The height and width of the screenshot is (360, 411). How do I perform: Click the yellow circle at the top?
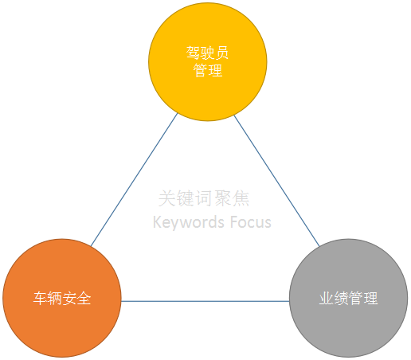(x=208, y=62)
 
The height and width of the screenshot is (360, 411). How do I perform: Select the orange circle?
(x=62, y=298)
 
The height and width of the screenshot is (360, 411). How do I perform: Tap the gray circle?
(x=348, y=298)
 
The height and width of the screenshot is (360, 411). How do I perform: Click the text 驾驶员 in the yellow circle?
(x=207, y=53)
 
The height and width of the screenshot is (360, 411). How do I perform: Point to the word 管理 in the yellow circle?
(x=208, y=70)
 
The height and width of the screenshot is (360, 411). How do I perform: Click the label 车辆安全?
(x=62, y=298)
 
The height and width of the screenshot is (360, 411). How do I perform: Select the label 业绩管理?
(x=348, y=298)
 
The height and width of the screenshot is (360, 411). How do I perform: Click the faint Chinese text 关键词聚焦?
(x=204, y=198)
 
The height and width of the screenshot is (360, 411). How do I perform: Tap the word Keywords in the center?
(x=189, y=222)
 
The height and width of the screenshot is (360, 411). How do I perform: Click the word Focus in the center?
(x=251, y=222)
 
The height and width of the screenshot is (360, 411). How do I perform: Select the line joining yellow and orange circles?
(x=134, y=180)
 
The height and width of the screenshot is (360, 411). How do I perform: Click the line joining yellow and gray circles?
(x=276, y=181)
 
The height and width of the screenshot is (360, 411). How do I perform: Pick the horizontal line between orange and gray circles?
(x=205, y=301)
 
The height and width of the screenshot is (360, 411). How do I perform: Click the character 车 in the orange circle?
(x=41, y=298)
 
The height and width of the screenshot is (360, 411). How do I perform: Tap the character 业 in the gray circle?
(x=327, y=298)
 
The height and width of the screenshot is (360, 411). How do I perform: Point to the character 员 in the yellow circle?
(x=221, y=53)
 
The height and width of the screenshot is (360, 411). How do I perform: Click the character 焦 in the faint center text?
(x=241, y=198)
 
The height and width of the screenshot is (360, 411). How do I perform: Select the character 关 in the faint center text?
(x=167, y=198)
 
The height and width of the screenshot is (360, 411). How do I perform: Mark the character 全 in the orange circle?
(x=84, y=298)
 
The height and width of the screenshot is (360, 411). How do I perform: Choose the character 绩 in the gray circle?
(x=341, y=298)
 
